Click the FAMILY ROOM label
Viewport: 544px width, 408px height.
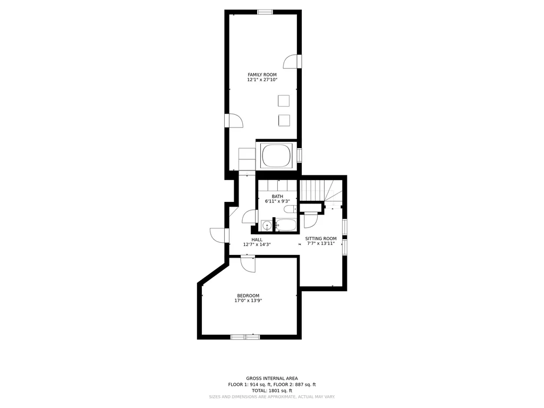(262, 74)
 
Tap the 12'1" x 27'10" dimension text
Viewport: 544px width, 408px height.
(262, 80)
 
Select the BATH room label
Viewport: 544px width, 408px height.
(277, 197)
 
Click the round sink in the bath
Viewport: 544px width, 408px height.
(267, 226)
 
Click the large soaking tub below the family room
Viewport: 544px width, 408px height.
(276, 156)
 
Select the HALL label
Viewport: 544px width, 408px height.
(257, 240)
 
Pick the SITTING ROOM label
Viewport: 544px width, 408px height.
(320, 239)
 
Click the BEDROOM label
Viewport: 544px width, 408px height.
(248, 296)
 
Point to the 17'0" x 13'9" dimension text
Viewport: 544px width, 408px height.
(248, 301)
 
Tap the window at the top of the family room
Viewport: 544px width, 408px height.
(265, 12)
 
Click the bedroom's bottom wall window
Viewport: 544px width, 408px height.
(245, 337)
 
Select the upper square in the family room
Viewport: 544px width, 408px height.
(284, 101)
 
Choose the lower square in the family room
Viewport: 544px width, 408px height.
(284, 121)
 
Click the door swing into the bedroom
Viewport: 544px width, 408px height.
(248, 265)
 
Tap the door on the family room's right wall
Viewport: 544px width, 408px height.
(292, 62)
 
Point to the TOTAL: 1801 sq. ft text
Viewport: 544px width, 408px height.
(271, 390)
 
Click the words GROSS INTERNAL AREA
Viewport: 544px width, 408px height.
(272, 378)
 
